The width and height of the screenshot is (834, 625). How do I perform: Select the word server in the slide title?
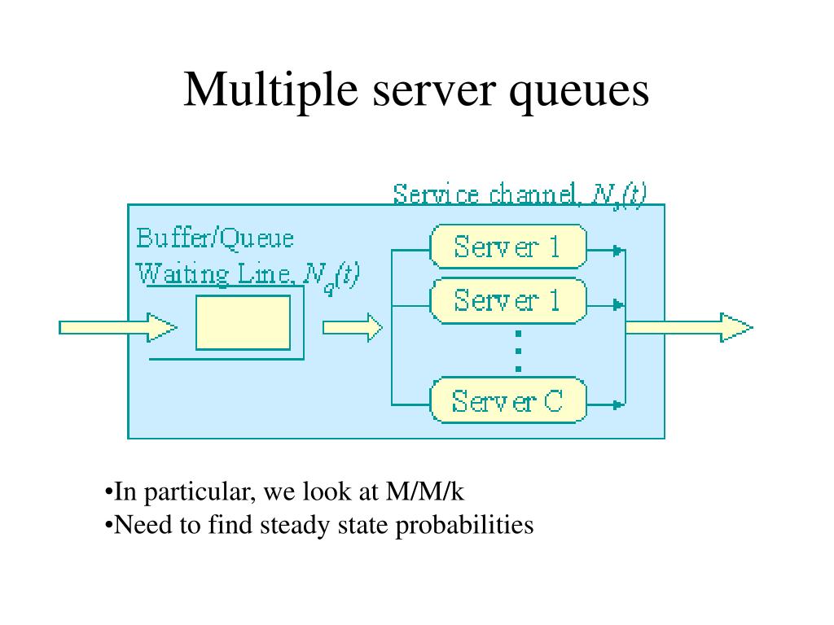click(434, 91)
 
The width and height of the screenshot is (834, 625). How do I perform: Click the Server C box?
click(508, 400)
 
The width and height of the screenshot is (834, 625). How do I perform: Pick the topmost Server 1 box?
click(508, 247)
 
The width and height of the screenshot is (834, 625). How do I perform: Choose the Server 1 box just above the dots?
click(508, 300)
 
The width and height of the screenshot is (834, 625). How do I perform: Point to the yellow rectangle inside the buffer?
click(243, 322)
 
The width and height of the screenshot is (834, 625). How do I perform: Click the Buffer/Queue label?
click(215, 238)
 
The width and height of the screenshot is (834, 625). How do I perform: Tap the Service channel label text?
click(485, 194)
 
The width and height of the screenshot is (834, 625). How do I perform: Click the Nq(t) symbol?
click(331, 277)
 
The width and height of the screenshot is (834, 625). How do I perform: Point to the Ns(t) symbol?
click(619, 195)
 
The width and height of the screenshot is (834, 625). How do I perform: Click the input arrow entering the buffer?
click(117, 327)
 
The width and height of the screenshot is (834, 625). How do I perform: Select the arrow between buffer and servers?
click(352, 327)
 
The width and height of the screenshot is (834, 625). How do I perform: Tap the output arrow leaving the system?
click(689, 327)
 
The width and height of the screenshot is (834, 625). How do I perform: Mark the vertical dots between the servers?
click(519, 352)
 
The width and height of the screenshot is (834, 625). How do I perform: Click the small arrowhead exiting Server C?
click(617, 405)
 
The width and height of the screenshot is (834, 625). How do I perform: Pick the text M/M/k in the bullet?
click(425, 492)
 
